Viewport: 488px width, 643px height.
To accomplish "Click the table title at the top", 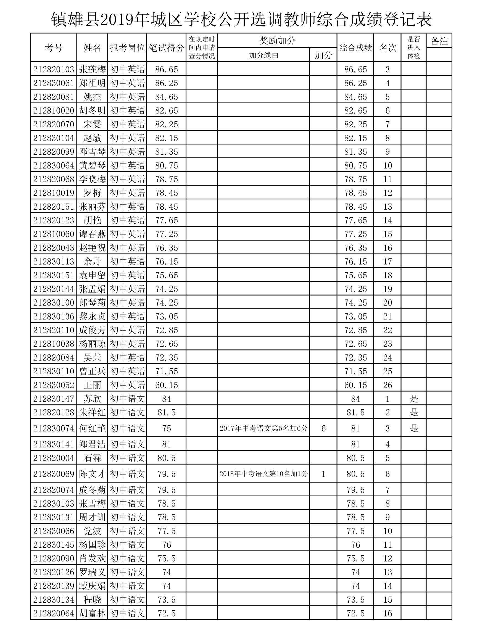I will (242, 20).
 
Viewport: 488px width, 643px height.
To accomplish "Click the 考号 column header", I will (54, 48).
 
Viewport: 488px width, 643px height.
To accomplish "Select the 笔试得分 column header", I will (166, 48).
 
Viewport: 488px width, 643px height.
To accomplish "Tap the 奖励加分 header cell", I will (277, 41).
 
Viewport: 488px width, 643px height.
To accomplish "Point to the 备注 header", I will (439, 41).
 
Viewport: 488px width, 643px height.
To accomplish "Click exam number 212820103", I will (54, 70).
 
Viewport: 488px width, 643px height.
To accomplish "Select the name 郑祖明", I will (92, 83).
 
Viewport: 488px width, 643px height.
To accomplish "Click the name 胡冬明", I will (92, 110).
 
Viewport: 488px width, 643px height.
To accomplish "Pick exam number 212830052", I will (54, 385).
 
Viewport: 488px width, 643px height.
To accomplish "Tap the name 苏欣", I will (92, 399).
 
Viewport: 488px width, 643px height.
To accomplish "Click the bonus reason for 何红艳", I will (263, 428).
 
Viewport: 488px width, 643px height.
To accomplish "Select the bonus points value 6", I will (323, 428).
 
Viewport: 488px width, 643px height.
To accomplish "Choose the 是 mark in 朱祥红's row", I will (414, 412).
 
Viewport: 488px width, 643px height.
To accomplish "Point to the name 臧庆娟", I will (92, 586).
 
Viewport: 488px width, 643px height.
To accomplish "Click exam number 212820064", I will (54, 613).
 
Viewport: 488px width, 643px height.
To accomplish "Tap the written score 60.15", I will (166, 385).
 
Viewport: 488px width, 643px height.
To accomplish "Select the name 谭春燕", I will (92, 234).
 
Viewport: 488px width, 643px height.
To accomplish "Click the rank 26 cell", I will (387, 385).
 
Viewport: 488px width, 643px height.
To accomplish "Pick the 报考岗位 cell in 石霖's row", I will (127, 458).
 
